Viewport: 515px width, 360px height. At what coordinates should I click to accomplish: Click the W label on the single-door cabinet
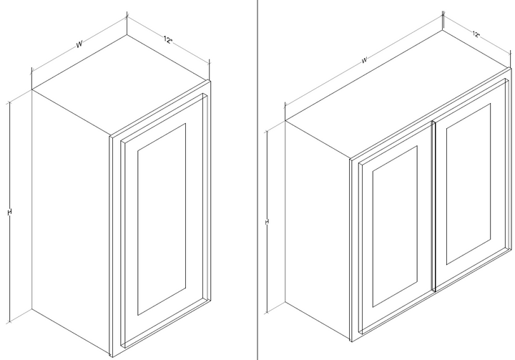point(79,44)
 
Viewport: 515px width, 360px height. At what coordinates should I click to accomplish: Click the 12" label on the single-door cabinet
point(168,40)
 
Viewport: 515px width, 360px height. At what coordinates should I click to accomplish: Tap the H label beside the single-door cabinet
point(9,213)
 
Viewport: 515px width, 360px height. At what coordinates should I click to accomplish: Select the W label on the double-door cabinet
point(364,60)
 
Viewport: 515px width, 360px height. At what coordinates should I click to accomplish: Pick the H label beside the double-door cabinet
point(266,222)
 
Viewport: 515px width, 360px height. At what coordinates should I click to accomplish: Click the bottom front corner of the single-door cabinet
point(111,356)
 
